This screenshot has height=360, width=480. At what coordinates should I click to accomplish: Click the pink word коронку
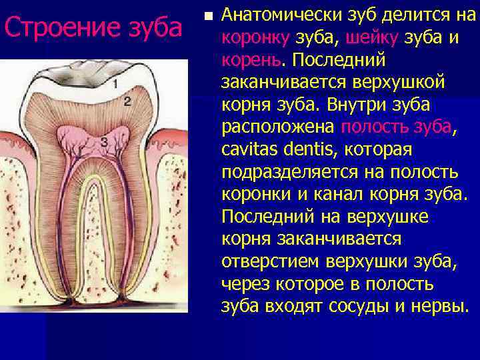point(251,38)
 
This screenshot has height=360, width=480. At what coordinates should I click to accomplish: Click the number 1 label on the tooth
point(116,84)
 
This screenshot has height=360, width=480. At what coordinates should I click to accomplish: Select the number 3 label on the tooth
point(104,142)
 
